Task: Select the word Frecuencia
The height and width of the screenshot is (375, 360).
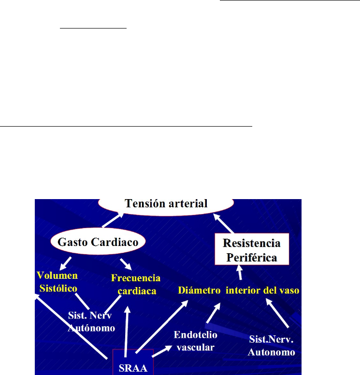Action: click(136, 279)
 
